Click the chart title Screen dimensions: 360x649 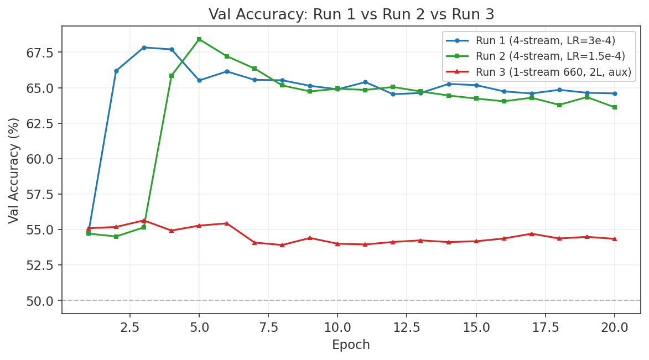351,14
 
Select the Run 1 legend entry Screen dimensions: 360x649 545,40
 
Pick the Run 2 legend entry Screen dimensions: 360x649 550,56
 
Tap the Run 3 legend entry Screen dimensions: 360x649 553,72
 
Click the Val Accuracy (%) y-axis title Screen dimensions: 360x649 14,170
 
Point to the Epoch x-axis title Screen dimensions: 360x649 351,345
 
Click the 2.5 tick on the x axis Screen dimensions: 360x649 130,327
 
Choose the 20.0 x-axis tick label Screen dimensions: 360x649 615,327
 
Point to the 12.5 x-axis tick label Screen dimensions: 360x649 407,327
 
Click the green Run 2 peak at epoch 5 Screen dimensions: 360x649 199,39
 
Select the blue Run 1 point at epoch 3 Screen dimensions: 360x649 144,48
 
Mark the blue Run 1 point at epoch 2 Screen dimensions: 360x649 116,71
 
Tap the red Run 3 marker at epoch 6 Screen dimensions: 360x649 227,223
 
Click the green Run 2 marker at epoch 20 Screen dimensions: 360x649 615,107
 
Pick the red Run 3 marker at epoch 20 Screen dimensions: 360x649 615,239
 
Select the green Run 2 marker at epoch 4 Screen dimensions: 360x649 172,76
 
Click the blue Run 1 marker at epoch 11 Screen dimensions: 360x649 365,82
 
